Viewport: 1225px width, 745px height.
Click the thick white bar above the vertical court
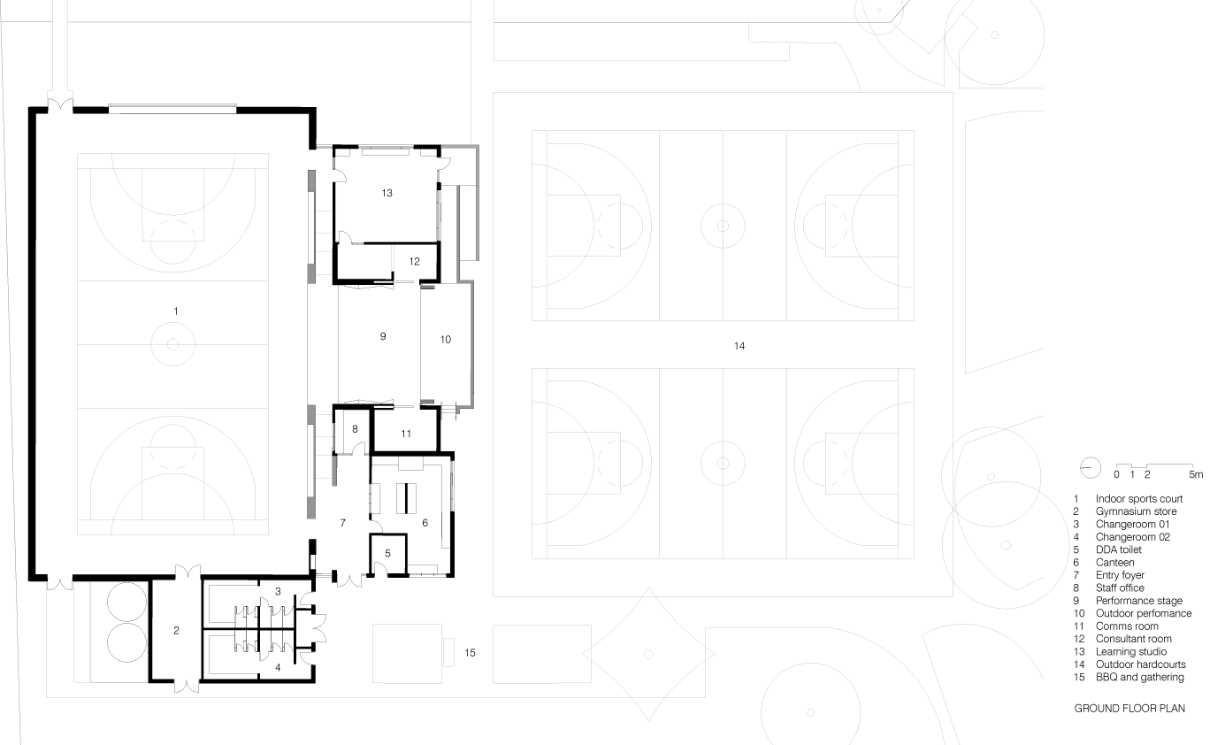[x=172, y=109]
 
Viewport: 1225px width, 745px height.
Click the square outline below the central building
[x=407, y=654]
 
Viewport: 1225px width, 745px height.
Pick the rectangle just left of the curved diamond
[x=541, y=654]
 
